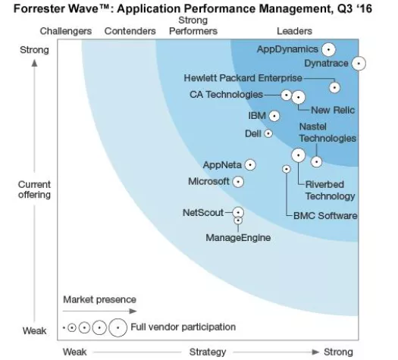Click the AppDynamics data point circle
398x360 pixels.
coord(328,49)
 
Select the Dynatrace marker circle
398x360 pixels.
coord(359,64)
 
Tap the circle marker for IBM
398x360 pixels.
coord(274,116)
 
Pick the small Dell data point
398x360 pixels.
coord(268,133)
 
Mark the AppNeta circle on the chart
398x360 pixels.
coord(250,164)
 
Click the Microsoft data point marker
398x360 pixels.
coord(238,182)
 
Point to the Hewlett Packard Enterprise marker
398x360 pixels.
coord(334,86)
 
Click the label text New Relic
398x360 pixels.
coord(334,111)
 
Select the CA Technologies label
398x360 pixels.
coord(226,95)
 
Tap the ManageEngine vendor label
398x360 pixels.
coord(238,238)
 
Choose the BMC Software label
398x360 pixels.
coord(325,216)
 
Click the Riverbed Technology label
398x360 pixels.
coord(330,190)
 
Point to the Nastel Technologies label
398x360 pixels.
coord(327,133)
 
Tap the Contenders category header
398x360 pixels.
coord(130,31)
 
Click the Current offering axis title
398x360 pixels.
coord(35,189)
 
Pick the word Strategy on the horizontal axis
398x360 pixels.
coord(208,352)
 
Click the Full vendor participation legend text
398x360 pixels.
coord(183,327)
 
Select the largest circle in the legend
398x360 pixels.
coord(118,328)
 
